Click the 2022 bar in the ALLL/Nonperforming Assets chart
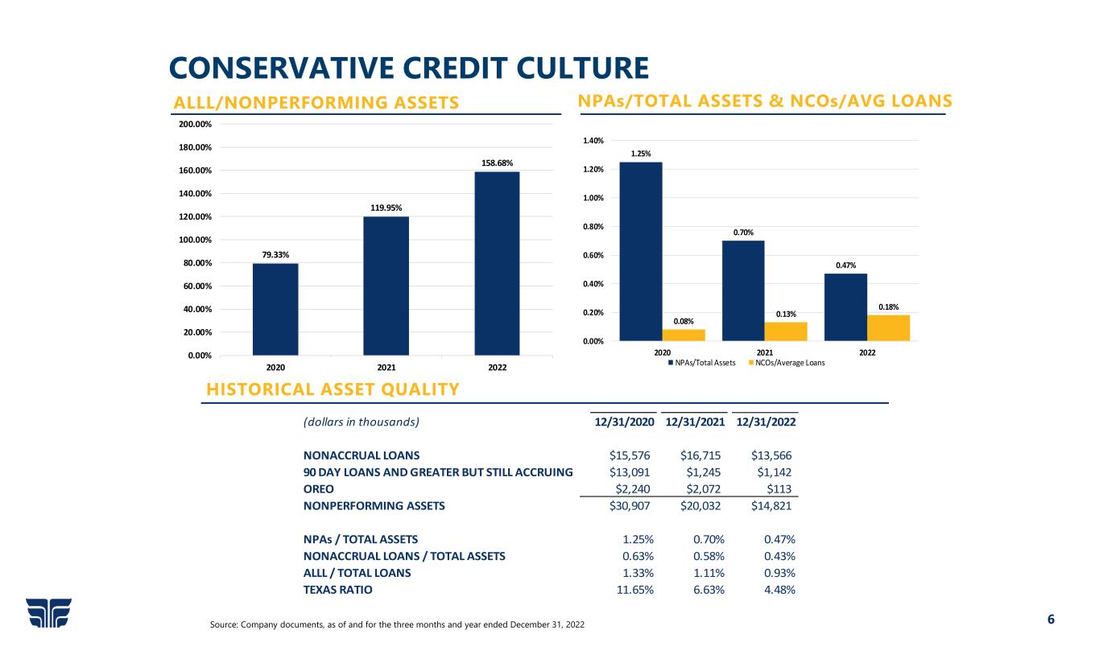[x=497, y=263]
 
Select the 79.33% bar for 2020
[x=275, y=309]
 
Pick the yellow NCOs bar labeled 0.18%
[x=888, y=327]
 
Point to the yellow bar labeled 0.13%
[x=785, y=331]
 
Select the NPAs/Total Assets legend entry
[x=702, y=363]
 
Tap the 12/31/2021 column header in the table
[x=696, y=422]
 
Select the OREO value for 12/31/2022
[x=779, y=488]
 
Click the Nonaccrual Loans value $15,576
[x=632, y=455]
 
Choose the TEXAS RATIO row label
[x=337, y=590]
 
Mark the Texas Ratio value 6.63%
[x=709, y=590]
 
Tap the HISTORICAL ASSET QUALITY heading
[x=333, y=389]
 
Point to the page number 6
[x=1050, y=620]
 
